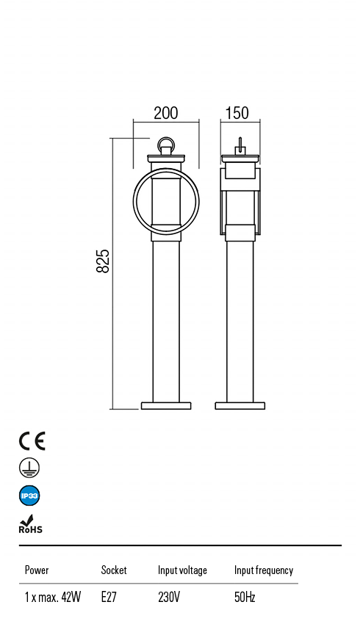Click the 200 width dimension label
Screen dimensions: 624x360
165,113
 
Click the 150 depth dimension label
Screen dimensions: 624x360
237,113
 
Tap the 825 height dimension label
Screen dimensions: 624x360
104,261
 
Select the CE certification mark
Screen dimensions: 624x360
32,440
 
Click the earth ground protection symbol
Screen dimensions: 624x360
29,468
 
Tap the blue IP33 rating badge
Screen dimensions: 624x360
29,496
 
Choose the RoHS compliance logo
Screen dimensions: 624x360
30,524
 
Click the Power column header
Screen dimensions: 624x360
37,570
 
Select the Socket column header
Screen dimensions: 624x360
114,570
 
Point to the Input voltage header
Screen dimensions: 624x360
182,570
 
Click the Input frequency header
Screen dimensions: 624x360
263,570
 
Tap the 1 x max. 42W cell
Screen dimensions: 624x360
52,598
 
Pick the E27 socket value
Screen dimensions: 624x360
109,598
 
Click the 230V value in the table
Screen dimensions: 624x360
169,598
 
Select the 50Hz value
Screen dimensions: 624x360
245,598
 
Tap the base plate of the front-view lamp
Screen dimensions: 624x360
166,405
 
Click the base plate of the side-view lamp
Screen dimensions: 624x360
240,405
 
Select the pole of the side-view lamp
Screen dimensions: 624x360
240,323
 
